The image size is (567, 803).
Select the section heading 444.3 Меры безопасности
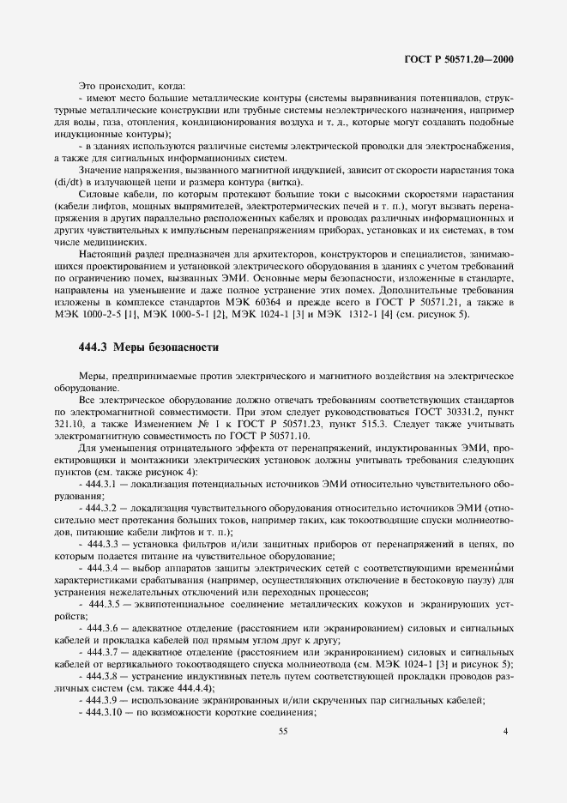point(148,347)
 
